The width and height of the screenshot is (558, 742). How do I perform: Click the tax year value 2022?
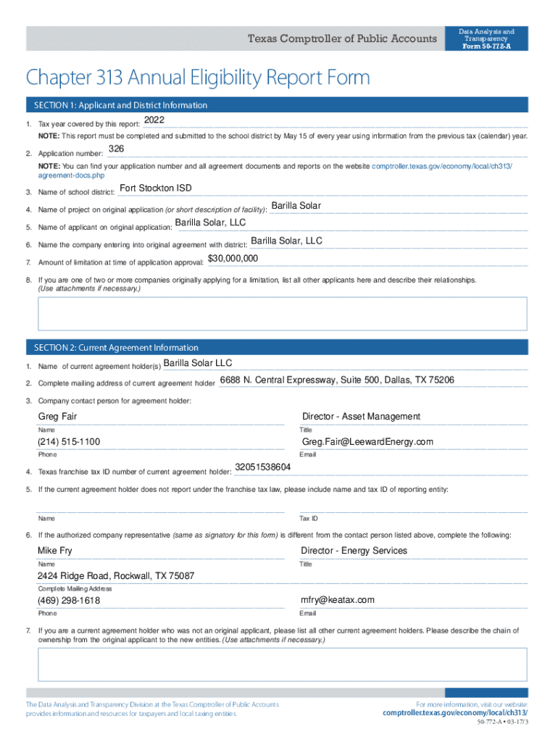[155, 120]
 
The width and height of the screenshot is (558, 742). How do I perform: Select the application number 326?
[116, 149]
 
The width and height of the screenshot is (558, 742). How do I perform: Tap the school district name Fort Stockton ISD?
[156, 188]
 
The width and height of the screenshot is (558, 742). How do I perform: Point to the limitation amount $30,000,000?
[233, 259]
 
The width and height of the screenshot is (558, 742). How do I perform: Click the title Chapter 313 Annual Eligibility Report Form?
[198, 77]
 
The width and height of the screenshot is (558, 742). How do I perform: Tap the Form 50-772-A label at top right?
[486, 47]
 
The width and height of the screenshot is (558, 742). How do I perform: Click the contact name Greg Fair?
[57, 417]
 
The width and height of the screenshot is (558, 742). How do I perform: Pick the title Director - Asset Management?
[361, 417]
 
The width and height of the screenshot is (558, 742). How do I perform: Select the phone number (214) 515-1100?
[69, 442]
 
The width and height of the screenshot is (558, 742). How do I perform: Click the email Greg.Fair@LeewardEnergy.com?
[367, 442]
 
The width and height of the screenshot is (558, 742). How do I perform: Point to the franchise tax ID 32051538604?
[263, 467]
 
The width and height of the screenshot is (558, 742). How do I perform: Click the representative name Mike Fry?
[55, 551]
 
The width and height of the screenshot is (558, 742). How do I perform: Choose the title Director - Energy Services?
[354, 551]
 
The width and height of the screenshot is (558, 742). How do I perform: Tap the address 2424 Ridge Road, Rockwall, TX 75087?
[116, 576]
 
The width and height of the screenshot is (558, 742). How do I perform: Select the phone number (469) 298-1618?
[69, 601]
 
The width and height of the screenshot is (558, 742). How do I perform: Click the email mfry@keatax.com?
[338, 600]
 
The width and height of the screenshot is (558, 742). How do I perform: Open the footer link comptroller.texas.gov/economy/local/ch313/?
[455, 713]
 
